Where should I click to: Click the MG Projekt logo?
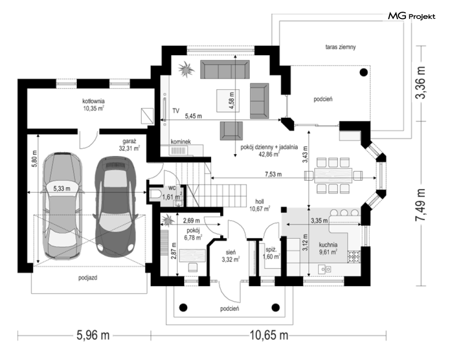[x=412, y=16]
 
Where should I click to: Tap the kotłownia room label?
[x=94, y=101]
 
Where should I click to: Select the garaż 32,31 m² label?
[x=129, y=145]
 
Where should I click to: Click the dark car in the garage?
[x=115, y=206]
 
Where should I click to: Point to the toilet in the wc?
[x=155, y=194]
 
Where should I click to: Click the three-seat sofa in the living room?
[x=225, y=69]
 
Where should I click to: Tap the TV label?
[x=176, y=111]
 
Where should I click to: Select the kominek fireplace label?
[x=181, y=142]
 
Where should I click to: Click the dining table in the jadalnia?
[x=333, y=175]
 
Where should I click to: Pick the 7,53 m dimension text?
[x=273, y=174]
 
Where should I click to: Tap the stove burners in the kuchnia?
[x=354, y=257]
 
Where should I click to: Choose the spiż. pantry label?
[x=271, y=249]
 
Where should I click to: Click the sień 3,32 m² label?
[x=231, y=256]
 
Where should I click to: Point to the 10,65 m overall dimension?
[x=269, y=335]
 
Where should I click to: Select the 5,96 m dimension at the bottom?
[x=93, y=335]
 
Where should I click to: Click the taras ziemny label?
[x=341, y=47]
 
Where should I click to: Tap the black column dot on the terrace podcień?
[x=364, y=72]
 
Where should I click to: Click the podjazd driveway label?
[x=88, y=278]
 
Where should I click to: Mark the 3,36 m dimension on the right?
[x=421, y=83]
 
